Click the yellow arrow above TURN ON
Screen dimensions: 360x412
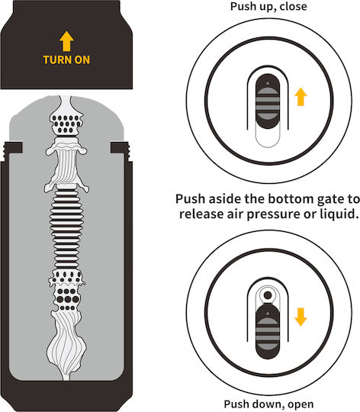pos(66,41)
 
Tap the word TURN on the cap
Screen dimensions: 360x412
pos(57,60)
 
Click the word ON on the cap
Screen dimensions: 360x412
pos(82,60)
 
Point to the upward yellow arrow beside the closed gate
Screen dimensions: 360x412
pos(301,97)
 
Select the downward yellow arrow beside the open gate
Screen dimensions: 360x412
pos(301,317)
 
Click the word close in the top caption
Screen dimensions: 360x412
pos(293,6)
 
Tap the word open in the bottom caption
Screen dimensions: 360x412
pos(301,404)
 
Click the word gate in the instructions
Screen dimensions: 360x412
pos(330,199)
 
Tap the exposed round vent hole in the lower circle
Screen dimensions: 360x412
pos(268,295)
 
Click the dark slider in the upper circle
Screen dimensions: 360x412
pos(268,101)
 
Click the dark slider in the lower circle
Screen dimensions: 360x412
pos(268,331)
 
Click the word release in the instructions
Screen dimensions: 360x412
pos(198,214)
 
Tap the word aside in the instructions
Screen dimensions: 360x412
pos(225,198)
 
